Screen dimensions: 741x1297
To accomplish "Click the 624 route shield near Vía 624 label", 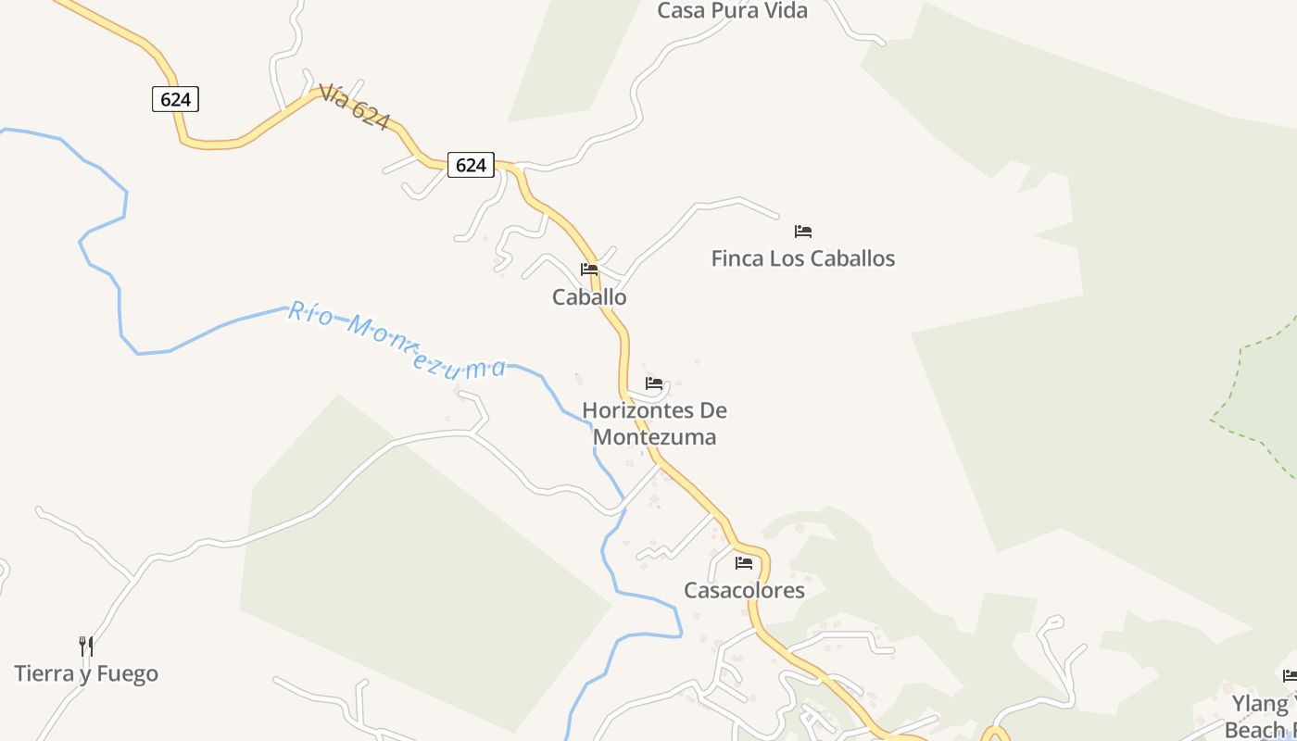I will (175, 99).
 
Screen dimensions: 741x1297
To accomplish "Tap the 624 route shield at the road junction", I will (471, 165).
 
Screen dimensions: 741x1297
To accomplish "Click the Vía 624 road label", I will (354, 107).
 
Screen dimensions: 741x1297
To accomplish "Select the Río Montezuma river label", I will (397, 340).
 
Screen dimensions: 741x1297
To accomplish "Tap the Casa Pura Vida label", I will (732, 11).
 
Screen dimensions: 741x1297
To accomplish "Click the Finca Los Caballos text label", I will (802, 258).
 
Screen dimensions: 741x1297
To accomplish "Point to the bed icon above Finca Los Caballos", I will (802, 232).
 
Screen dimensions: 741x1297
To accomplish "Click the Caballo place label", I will (589, 297).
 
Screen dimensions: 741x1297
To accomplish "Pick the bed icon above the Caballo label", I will (589, 270).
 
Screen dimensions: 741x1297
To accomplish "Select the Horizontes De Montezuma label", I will (654, 423).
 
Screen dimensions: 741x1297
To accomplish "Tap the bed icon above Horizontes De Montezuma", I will (654, 383).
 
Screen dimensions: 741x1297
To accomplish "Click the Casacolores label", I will (744, 590).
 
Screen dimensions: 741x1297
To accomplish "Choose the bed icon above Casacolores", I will (744, 562).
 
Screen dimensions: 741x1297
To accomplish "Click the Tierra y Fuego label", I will (86, 673).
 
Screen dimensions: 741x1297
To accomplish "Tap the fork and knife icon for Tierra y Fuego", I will (86, 646).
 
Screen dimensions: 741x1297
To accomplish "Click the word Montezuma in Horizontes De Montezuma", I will (654, 436).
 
